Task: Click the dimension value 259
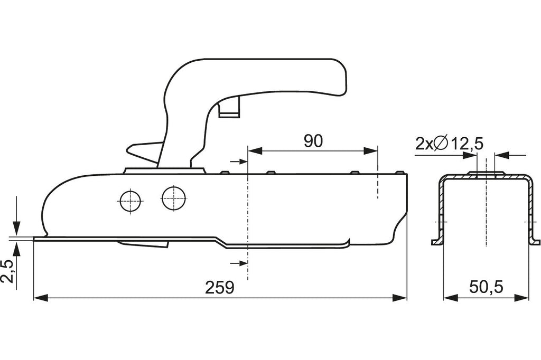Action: point(220,287)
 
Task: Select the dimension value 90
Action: point(313,141)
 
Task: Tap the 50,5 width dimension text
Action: point(486,287)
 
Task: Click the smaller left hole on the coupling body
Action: point(130,201)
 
